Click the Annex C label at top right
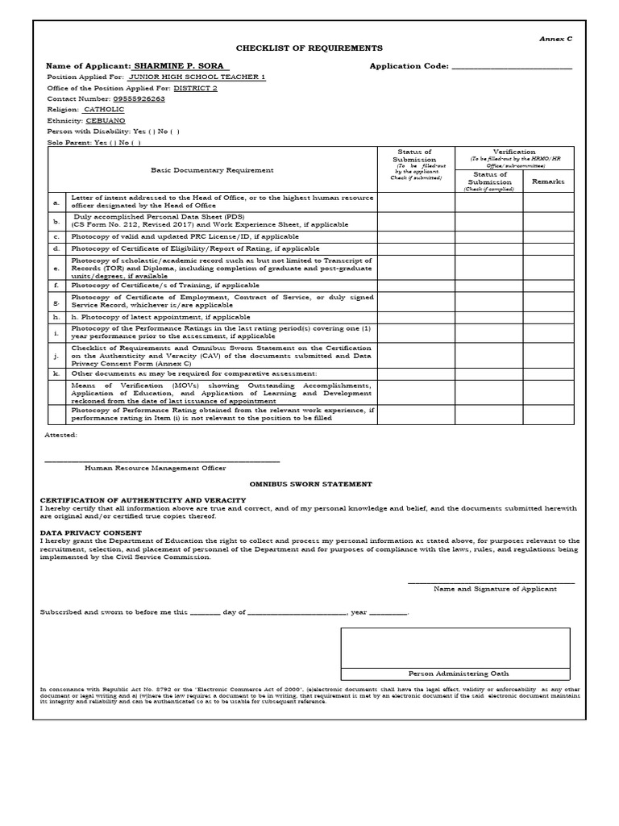[x=555, y=39]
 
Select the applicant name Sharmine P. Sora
[x=181, y=65]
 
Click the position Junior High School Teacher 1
[x=197, y=77]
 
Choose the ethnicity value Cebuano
[x=106, y=120]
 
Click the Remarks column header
[x=548, y=181]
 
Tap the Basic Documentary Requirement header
[x=212, y=170]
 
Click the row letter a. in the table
[x=56, y=202]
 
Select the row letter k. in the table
[x=56, y=373]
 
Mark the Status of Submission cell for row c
[x=416, y=237]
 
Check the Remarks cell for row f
[x=548, y=285]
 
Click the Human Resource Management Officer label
[x=156, y=468]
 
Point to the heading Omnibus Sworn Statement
[x=326, y=484]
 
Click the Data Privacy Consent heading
[x=91, y=533]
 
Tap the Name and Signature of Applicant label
[x=495, y=589]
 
